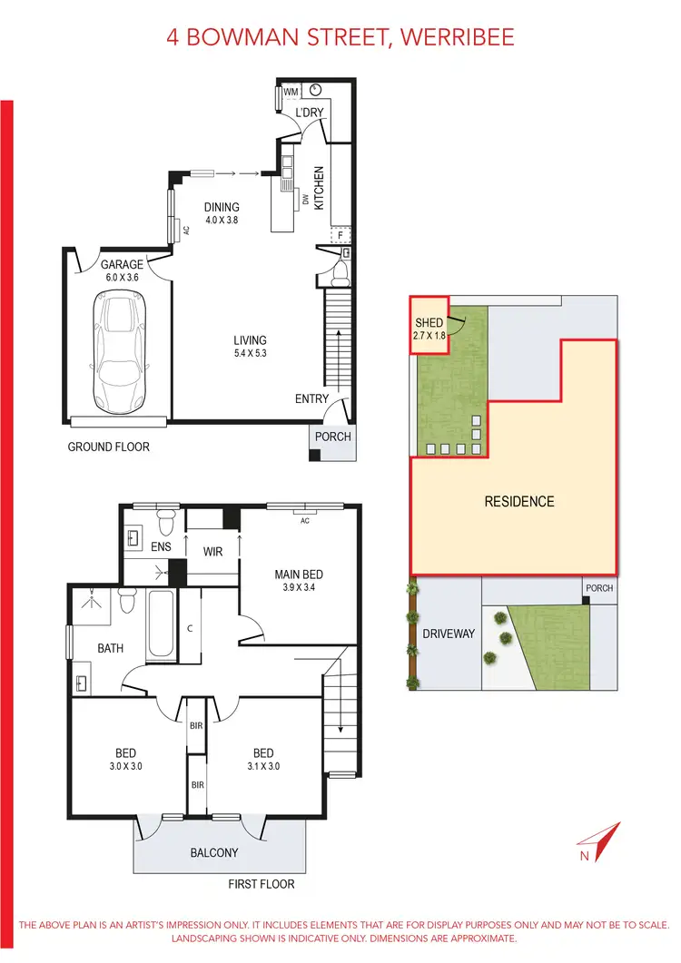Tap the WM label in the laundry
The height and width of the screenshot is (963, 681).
pyautogui.click(x=291, y=91)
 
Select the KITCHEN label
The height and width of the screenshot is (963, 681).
pyautogui.click(x=319, y=188)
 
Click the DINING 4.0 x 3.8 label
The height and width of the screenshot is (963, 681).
pyautogui.click(x=222, y=213)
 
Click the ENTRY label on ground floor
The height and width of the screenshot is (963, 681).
pyautogui.click(x=311, y=399)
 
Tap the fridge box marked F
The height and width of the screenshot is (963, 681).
pyautogui.click(x=340, y=235)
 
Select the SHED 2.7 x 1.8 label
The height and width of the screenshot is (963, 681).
pyautogui.click(x=429, y=329)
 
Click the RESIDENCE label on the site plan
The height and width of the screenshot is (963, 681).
pyautogui.click(x=518, y=501)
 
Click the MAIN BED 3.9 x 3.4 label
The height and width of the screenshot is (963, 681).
pyautogui.click(x=299, y=580)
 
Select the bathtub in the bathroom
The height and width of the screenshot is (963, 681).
pyautogui.click(x=161, y=624)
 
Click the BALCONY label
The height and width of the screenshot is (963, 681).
pyautogui.click(x=213, y=852)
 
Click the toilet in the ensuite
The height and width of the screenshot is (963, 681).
pyautogui.click(x=165, y=524)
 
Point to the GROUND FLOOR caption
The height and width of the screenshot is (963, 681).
pyautogui.click(x=108, y=447)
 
